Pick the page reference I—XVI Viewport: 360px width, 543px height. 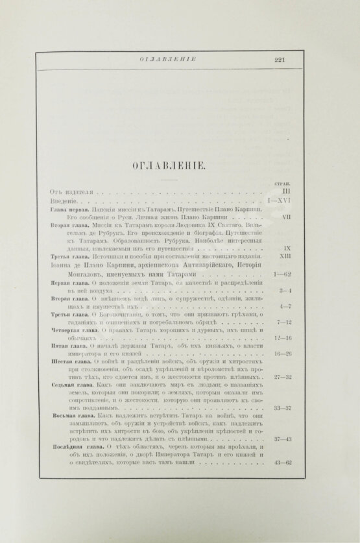point(278,203)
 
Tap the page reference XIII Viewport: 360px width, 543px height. point(283,258)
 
